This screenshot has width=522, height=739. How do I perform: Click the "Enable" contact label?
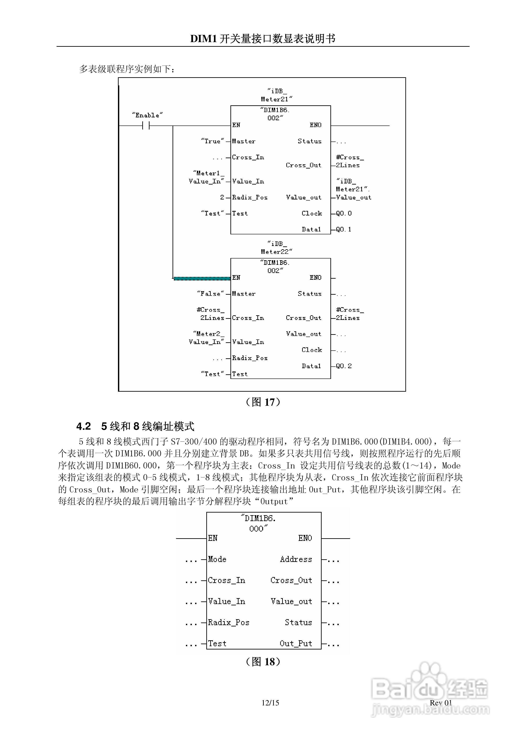pos(147,115)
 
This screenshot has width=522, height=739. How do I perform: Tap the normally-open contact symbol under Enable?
pos(146,126)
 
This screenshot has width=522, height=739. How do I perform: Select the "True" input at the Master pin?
pos(212,141)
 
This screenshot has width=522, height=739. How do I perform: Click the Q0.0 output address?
pos(344,213)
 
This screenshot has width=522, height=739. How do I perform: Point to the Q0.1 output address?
pos(344,230)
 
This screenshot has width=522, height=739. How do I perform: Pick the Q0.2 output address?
pos(344,366)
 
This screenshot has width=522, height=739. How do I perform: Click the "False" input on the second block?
pos(210,294)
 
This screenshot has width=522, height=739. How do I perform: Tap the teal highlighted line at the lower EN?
pos(202,278)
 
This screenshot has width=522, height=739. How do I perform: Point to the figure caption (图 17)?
pos(263,402)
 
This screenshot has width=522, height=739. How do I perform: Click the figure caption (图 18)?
pos(263,662)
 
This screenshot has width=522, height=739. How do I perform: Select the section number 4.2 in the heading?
pos(84,427)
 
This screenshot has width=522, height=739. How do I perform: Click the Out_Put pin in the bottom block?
pos(296,643)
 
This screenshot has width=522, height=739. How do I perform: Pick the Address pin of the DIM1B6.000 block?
pos(296,559)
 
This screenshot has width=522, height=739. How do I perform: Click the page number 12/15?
pos(270,703)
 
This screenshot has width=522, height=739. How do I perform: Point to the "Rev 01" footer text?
pos(441,703)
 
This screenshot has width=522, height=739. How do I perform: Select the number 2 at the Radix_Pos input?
pos(222,197)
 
